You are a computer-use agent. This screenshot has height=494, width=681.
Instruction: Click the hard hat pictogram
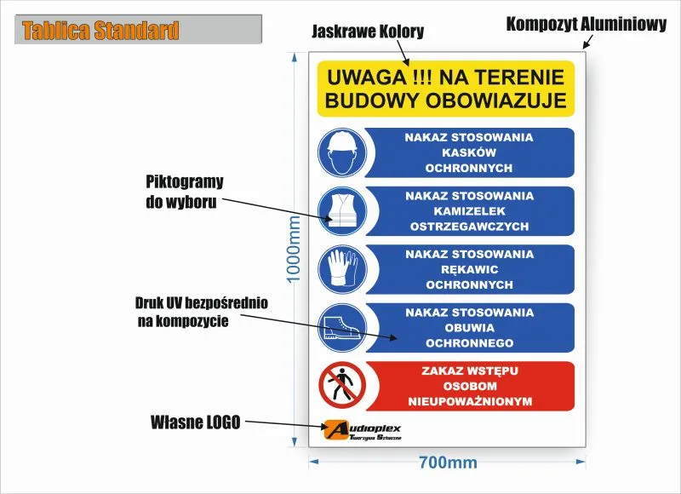(x=342, y=152)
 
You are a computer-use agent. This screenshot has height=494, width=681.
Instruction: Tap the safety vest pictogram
(x=342, y=211)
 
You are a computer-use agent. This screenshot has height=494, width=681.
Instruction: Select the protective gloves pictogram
(x=342, y=269)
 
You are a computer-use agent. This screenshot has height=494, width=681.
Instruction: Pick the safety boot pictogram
(x=342, y=328)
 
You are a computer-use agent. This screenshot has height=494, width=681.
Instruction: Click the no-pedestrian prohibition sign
(x=342, y=386)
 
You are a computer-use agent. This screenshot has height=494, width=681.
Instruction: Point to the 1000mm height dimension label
(x=294, y=249)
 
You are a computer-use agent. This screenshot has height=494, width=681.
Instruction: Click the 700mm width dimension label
(x=448, y=462)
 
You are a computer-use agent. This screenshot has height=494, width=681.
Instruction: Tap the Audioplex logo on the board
(x=363, y=430)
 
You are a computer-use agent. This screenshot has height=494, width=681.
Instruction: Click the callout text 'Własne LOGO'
(x=196, y=422)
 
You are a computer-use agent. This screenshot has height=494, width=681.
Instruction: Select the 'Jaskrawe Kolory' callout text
(x=368, y=32)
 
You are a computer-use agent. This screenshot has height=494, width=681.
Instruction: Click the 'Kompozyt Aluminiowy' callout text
(x=587, y=25)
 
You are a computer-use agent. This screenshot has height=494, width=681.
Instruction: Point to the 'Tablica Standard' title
(x=100, y=31)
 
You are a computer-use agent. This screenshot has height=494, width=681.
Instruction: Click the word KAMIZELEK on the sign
(x=470, y=211)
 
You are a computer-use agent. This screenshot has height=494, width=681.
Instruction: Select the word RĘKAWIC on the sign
(x=470, y=270)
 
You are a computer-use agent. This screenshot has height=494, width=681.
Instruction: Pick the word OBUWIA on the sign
(x=470, y=328)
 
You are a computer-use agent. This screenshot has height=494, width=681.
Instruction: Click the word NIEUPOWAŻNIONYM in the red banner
(x=470, y=401)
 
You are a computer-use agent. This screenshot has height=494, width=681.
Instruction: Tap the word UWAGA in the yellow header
(x=367, y=78)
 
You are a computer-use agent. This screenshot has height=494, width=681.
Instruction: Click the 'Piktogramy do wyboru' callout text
(x=185, y=192)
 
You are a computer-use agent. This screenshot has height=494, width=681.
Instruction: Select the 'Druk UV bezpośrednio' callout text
(x=202, y=303)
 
